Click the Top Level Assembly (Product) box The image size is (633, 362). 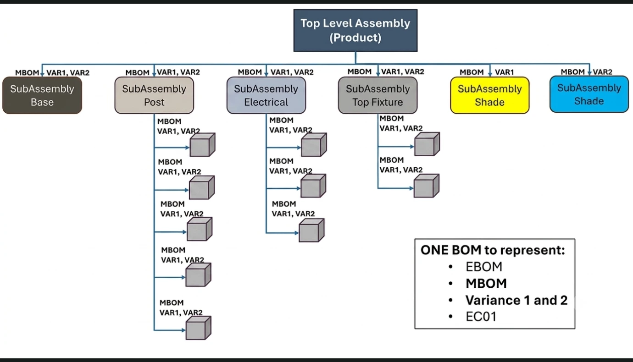coord(355,30)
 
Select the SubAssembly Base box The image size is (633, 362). coord(42,95)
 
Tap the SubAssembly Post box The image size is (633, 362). coord(154,95)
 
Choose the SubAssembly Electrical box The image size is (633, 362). coord(266,95)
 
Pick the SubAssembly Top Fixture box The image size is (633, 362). coord(378,95)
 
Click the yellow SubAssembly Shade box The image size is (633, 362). coord(490,95)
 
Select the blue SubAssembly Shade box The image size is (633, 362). coord(589,94)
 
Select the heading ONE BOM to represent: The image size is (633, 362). coord(493,250)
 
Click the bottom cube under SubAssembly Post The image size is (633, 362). coord(198,328)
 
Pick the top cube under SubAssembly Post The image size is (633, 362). coord(202,145)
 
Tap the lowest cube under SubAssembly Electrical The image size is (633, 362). coord(311,230)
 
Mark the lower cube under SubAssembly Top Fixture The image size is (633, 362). coord(427,186)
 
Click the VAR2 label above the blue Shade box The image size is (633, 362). coord(602,72)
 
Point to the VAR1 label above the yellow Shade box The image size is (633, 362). coord(505,72)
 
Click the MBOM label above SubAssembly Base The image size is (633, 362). coord(27,73)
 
